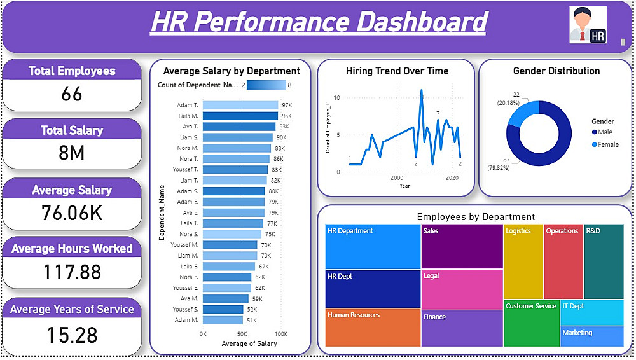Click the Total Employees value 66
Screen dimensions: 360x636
(72, 94)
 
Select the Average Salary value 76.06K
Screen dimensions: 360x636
(72, 213)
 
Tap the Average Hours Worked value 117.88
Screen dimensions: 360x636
(72, 272)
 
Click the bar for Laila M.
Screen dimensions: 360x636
(240, 116)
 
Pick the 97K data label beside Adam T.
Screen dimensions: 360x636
(287, 106)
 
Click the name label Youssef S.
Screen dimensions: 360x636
(185, 310)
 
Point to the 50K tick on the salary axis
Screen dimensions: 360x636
(242, 334)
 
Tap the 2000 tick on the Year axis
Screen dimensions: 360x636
(397, 178)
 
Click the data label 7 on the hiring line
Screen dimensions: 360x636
(438, 114)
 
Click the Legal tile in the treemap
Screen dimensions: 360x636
(462, 289)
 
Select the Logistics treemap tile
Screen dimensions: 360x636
(523, 261)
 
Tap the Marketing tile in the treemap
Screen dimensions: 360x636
(591, 336)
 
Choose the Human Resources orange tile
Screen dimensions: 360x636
(373, 328)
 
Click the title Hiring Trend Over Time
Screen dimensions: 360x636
(397, 71)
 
